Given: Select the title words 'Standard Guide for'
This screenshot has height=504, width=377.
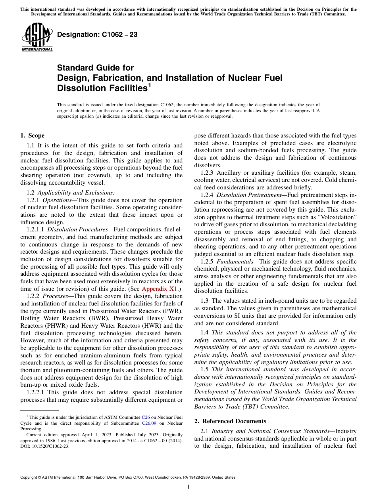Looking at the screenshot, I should tap(96, 68).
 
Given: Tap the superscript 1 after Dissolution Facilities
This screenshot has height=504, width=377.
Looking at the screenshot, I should tap(150, 85).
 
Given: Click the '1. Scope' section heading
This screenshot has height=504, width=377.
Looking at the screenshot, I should tap(32, 136).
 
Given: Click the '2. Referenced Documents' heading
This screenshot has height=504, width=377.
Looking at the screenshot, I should tap(230, 421).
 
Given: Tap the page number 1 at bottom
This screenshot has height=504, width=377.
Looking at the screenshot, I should tap(188, 487).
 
